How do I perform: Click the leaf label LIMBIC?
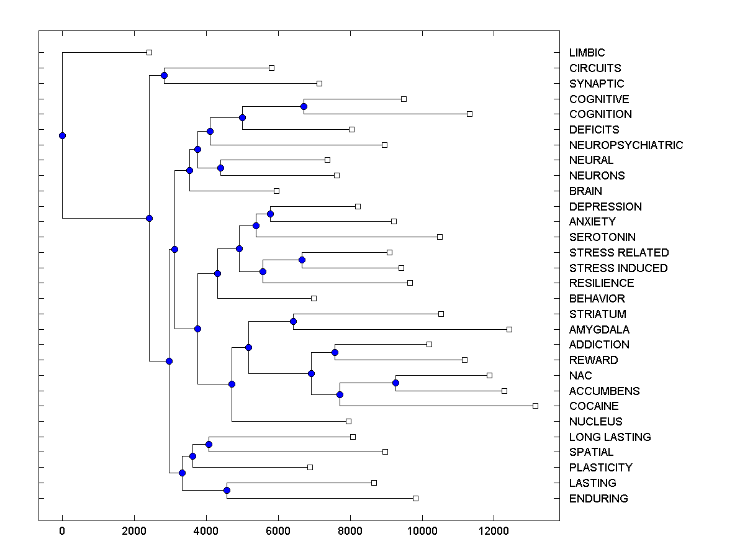pos(587,53)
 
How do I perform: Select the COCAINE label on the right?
pos(594,406)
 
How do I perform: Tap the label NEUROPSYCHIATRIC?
pos(626,145)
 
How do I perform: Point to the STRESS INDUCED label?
pos(618,268)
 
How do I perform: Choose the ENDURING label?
pos(598,499)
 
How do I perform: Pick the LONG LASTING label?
pos(610,437)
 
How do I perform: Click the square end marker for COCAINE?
pos(535,406)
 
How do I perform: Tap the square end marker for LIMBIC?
pos(149,53)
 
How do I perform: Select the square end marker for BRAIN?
pos(276,191)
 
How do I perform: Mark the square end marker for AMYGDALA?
pos(509,329)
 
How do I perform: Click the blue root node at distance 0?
pos(62,135)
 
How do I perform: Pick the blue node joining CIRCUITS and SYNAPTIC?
pos(164,76)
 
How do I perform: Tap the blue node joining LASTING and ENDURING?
pos(227,491)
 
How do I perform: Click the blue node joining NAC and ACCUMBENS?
pos(395,383)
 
